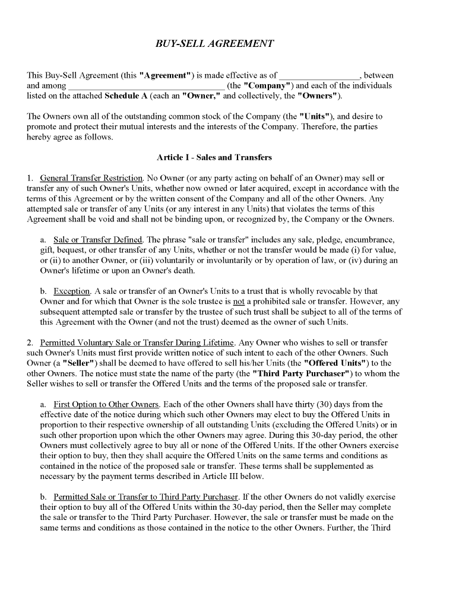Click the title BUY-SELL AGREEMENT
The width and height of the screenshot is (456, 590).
click(x=214, y=43)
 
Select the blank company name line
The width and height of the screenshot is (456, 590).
click(x=146, y=86)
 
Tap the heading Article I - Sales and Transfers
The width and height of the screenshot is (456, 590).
click(x=214, y=157)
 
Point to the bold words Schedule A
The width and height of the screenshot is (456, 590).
click(x=126, y=95)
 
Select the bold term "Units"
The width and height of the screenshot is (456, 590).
click(x=316, y=116)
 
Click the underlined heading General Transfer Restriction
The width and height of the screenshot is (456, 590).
click(x=91, y=178)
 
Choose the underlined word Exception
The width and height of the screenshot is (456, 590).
click(x=72, y=291)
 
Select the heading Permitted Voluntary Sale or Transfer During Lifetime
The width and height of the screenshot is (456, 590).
click(x=138, y=343)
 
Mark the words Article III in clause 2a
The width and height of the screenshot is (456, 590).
click(x=243, y=476)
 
